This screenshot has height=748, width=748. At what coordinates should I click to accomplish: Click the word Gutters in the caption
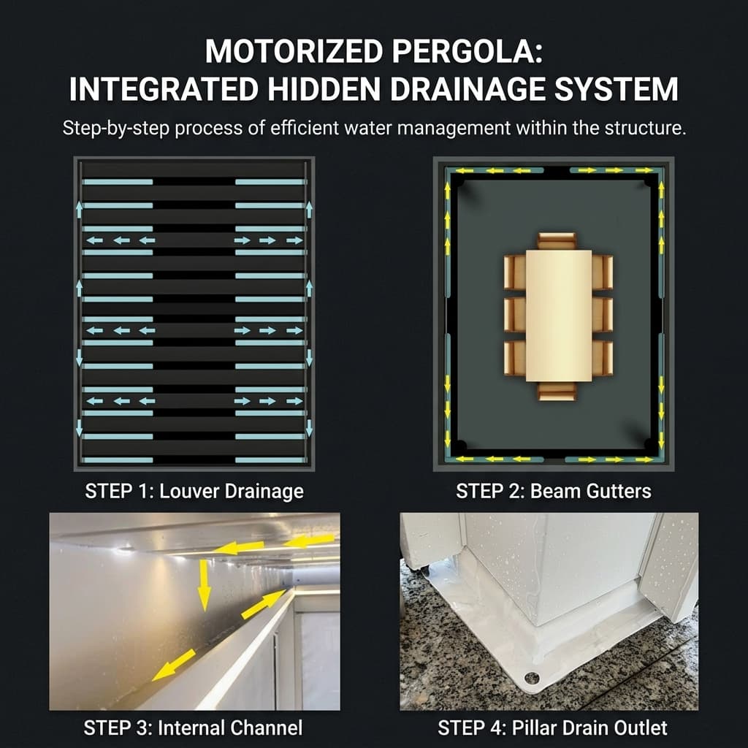tap(618, 491)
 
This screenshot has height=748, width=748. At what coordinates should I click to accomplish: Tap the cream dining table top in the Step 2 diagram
tap(558, 314)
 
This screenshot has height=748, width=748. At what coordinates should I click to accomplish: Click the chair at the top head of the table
tap(557, 241)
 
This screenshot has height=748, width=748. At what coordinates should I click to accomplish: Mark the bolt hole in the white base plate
tap(532, 679)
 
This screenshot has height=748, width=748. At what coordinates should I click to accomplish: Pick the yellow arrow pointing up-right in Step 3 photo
tap(264, 604)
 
